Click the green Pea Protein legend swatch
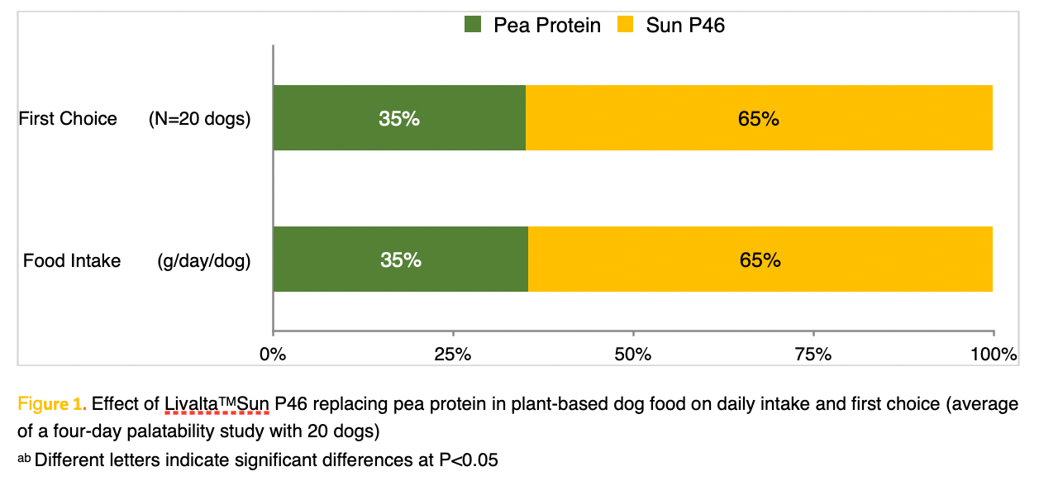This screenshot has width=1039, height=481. click(473, 25)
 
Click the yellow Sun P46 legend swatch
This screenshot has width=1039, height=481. click(625, 25)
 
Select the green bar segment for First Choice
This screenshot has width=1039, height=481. click(399, 118)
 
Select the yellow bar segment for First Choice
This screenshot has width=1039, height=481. click(759, 118)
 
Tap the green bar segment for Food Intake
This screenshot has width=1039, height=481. click(400, 260)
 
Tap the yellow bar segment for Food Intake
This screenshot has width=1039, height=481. click(760, 260)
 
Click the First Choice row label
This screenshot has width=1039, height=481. click(68, 119)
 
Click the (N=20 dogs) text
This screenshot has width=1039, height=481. click(199, 119)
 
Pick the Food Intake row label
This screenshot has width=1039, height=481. click(72, 261)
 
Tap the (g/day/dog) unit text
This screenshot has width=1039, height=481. click(204, 261)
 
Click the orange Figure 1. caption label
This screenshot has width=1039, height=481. click(52, 405)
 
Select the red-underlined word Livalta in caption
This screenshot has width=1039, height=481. click(191, 405)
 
